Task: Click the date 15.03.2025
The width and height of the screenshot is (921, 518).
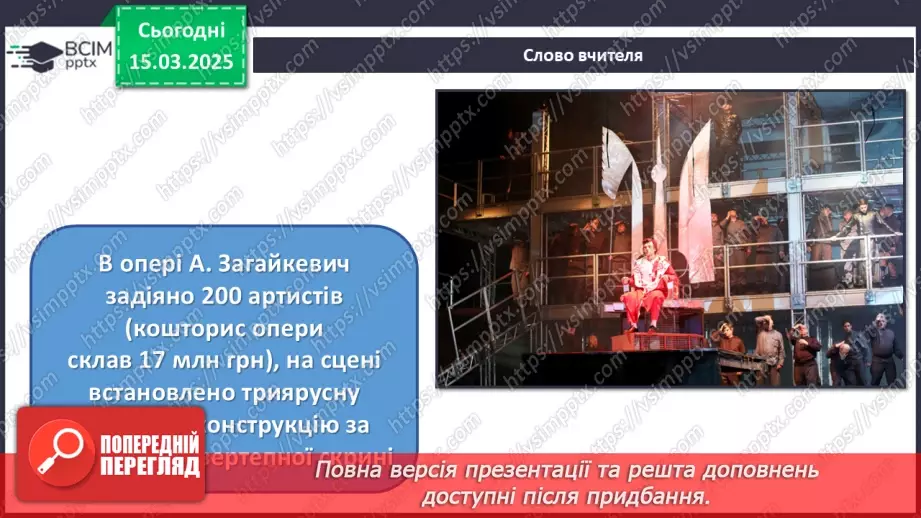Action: click(x=181, y=61)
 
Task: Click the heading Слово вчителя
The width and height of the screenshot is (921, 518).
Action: click(x=582, y=55)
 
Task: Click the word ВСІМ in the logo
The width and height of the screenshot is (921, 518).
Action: click(x=86, y=49)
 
